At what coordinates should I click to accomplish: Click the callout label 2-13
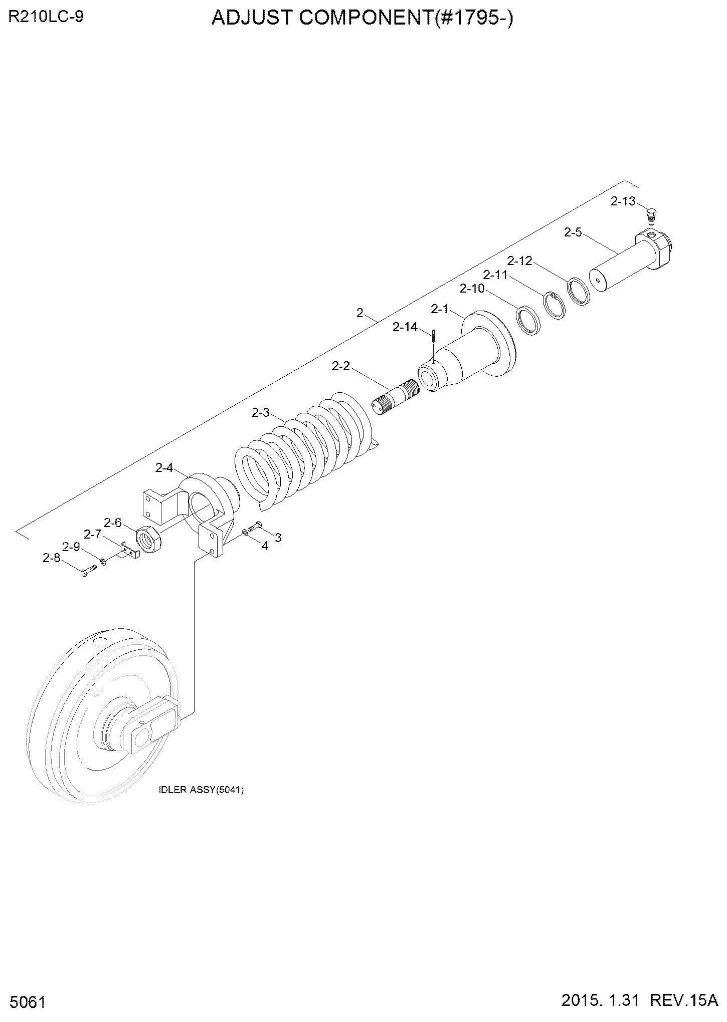point(623,201)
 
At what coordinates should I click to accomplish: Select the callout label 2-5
point(573,232)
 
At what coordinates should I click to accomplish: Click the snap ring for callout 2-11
point(556,305)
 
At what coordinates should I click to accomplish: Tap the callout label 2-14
point(405,327)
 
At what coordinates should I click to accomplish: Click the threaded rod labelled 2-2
point(396,396)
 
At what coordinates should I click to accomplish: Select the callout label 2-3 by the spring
point(261,413)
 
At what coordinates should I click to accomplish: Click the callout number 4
point(265,546)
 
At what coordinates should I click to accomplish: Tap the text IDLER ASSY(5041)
point(201,791)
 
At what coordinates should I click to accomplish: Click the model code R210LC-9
point(46,17)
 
